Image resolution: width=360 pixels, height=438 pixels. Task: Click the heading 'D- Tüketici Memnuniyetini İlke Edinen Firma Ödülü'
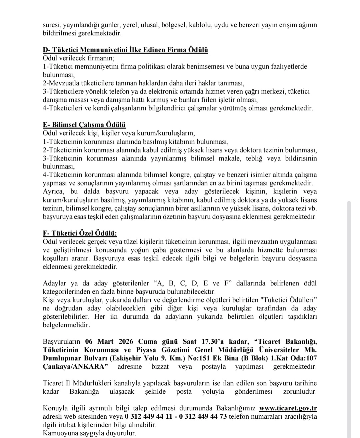(x=125, y=50)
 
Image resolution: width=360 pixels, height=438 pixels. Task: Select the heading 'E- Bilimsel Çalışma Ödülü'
(x=84, y=125)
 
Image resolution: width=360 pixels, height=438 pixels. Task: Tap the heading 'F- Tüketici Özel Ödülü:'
(x=80, y=233)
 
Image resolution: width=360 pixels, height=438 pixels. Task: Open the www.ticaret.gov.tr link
(x=288, y=408)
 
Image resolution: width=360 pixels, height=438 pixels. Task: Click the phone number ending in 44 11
(x=149, y=417)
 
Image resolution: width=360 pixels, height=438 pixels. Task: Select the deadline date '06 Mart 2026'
(x=109, y=342)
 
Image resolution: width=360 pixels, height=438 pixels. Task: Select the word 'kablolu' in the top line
(x=200, y=25)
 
